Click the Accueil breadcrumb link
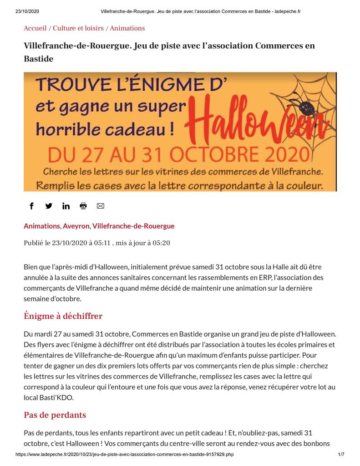tap(35, 28)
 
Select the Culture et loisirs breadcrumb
tap(78, 28)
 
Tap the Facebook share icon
tap(31, 206)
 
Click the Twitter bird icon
tap(49, 206)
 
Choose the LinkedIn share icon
tap(66, 206)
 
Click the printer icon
tap(83, 206)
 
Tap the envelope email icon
tap(101, 206)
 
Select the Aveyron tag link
tap(76, 226)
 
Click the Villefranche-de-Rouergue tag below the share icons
tap(133, 226)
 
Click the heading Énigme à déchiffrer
tap(63, 316)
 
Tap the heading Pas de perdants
tap(55, 415)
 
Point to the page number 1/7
tap(341, 455)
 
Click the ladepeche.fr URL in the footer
tap(125, 455)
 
